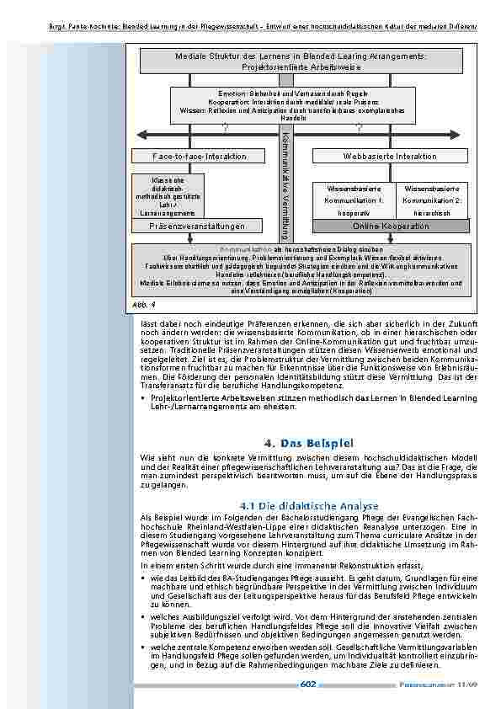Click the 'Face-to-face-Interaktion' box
click(x=200, y=157)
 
